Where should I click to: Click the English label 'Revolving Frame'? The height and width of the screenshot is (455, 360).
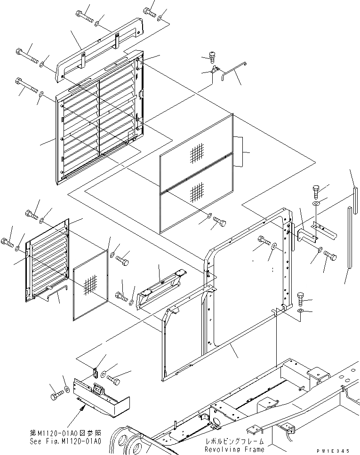point(235,450)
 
